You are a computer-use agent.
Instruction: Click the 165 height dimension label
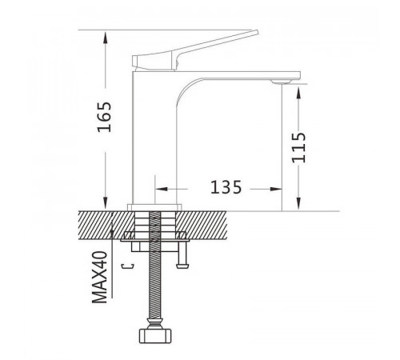(104, 117)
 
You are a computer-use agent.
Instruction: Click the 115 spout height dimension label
(298, 147)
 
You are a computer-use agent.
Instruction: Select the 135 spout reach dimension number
(226, 187)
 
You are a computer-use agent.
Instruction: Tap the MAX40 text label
(100, 277)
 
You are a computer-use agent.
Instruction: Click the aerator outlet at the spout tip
(281, 82)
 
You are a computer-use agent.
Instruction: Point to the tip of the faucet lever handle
(257, 32)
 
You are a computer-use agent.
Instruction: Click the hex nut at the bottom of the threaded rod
(155, 335)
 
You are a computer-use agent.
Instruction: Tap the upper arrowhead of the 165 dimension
(106, 38)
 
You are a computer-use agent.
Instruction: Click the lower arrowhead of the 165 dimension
(106, 204)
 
